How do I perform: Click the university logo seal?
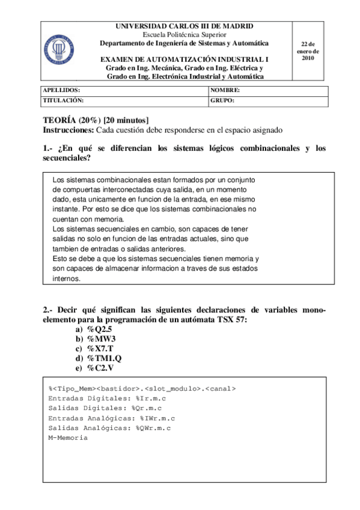coord(59,48)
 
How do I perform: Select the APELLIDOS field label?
coord(62,90)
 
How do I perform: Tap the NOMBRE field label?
coord(226,90)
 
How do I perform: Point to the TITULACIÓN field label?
coord(64,100)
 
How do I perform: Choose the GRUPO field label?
coord(222,100)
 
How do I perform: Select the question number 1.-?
coord(49,148)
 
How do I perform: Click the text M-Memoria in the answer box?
coord(68,438)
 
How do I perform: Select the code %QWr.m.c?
coord(153,428)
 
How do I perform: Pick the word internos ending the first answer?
coord(66,279)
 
